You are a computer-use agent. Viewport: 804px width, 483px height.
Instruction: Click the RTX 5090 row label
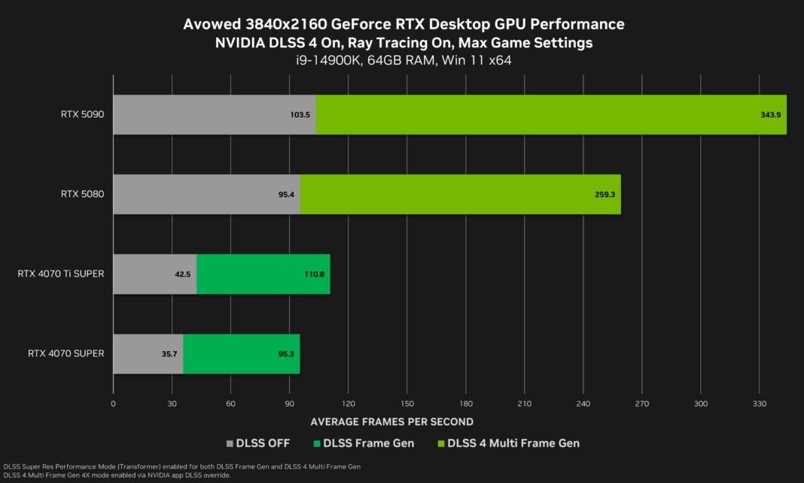coord(82,115)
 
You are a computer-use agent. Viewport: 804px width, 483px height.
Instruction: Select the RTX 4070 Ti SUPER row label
coord(60,274)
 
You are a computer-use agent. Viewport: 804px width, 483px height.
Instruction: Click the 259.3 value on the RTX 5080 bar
coord(605,194)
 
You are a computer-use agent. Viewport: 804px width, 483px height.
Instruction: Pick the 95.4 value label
coord(285,194)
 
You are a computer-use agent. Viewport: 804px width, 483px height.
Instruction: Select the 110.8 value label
coord(315,274)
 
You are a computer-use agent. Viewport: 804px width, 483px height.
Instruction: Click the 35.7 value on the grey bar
coord(169,353)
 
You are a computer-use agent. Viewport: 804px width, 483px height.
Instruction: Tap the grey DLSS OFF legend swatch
coord(230,443)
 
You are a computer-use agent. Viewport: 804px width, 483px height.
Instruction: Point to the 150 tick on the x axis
coord(407,405)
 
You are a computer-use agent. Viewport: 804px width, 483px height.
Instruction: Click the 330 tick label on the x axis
coord(759,405)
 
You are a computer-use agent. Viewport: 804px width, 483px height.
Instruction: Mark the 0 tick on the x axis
coord(113,405)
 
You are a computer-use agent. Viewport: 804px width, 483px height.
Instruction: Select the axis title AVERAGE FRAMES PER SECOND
coord(391,421)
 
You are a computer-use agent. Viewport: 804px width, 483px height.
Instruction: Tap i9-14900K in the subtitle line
coord(324,60)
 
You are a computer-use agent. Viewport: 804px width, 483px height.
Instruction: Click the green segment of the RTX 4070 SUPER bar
coord(241,353)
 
